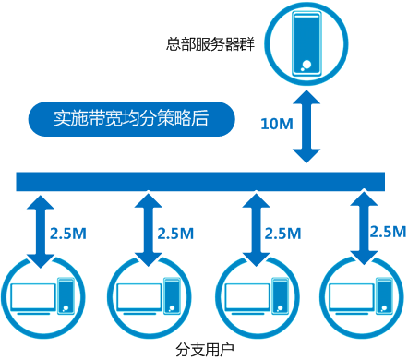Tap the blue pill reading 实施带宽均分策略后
131,118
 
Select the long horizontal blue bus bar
203,180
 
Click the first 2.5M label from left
68,234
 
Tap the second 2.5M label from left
175,234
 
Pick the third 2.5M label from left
282,234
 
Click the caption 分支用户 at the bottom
204,350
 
